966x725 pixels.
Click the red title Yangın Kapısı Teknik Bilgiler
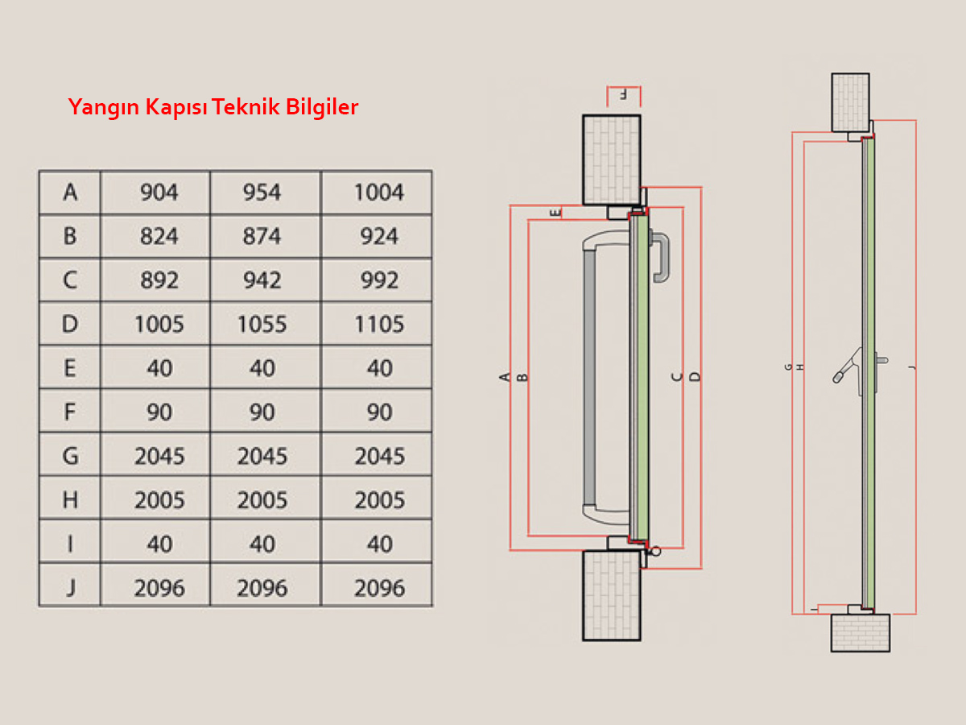coord(213,107)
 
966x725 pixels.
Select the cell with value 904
coord(159,193)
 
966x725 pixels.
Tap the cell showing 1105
coord(378,325)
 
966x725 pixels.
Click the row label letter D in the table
coord(70,325)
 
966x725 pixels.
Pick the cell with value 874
coord(262,237)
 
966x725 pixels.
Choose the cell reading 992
coord(378,280)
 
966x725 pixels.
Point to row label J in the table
coord(70,588)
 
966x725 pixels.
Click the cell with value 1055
coord(262,325)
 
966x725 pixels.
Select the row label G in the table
coord(70,457)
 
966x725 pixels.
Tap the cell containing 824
coord(159,237)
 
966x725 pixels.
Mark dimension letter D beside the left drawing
coord(696,376)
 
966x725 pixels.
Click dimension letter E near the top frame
coord(555,213)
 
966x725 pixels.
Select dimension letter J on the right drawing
coord(910,367)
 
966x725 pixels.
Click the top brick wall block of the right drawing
coord(850,102)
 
